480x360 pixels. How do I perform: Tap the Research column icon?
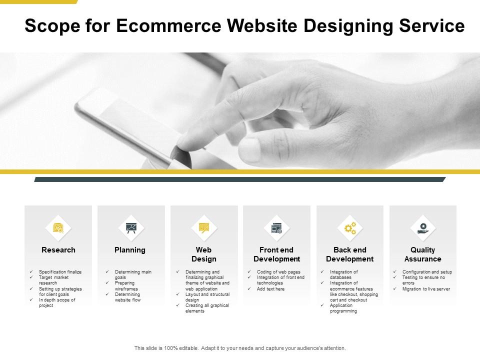click(x=58, y=228)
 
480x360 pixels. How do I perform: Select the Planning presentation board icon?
click(x=131, y=228)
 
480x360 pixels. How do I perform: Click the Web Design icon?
click(x=204, y=228)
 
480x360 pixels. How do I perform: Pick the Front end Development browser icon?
click(x=276, y=228)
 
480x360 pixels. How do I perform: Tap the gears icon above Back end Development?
click(x=350, y=228)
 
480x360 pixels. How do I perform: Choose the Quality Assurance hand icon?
click(x=423, y=228)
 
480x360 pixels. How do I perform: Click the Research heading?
click(x=58, y=250)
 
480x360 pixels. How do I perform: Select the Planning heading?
click(x=130, y=250)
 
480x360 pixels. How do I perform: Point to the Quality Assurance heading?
click(x=423, y=254)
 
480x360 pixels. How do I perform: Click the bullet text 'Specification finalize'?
click(x=60, y=272)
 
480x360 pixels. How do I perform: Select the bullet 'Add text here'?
click(x=271, y=289)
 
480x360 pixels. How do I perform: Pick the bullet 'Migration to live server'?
click(x=426, y=289)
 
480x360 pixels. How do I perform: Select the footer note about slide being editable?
click(x=240, y=348)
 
